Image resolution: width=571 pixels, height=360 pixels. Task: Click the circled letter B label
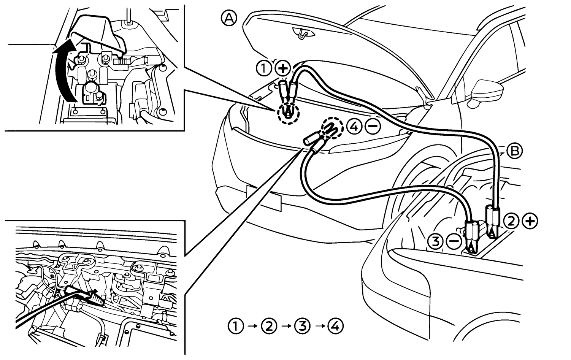[x=515, y=151]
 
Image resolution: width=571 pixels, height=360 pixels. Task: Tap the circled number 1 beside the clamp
[x=263, y=69]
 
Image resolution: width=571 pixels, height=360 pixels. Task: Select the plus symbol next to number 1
[x=283, y=69]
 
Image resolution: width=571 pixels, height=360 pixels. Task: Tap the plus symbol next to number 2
[x=530, y=221]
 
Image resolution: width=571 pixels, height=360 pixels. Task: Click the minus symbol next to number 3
[x=454, y=241]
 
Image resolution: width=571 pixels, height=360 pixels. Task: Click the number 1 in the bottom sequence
[x=236, y=326]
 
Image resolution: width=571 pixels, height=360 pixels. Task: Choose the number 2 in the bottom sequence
[x=269, y=326]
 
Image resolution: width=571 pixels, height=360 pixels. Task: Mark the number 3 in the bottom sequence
[x=302, y=326]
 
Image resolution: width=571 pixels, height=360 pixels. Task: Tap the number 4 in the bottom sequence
[x=335, y=326]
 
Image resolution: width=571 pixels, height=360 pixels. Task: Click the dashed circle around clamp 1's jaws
[x=289, y=113]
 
